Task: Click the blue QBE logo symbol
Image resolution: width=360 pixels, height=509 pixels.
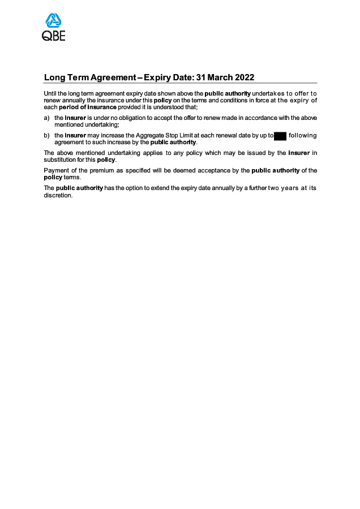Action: pos(54,21)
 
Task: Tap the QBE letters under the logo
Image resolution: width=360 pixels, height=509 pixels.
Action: pos(54,36)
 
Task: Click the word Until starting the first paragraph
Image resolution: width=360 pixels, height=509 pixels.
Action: pos(50,93)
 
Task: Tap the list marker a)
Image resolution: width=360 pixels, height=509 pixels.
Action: pos(46,118)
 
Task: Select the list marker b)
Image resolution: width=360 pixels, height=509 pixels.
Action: pos(46,135)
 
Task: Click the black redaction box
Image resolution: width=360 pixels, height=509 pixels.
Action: pos(280,136)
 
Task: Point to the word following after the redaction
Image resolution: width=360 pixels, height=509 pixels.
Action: pos(303,136)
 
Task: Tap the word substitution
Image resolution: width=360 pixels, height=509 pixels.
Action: pos(59,160)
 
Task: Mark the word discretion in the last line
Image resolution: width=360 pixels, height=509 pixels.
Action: pos(58,195)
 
